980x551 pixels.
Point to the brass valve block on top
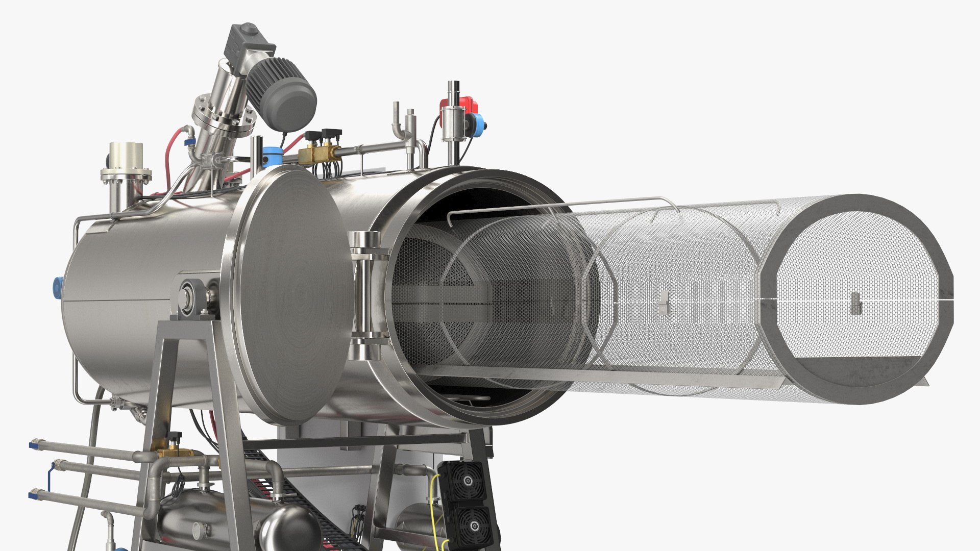click(x=318, y=152)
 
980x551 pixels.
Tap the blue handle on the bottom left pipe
click(x=34, y=494)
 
